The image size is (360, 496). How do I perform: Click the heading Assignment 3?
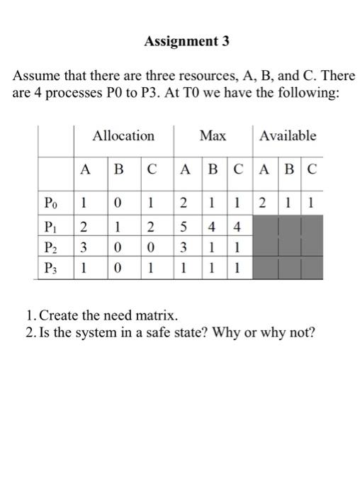pos(186,41)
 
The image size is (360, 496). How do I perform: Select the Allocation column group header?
pos(123,135)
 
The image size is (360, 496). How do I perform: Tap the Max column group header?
pos(213,135)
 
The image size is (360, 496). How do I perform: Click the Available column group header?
pos(288,135)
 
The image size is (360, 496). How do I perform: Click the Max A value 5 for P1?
pos(184,227)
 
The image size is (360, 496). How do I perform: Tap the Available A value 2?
pos(261,204)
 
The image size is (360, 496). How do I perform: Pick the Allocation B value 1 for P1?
pos(118,227)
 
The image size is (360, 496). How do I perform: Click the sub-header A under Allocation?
pos(85,171)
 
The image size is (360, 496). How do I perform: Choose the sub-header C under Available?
pos(313,171)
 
